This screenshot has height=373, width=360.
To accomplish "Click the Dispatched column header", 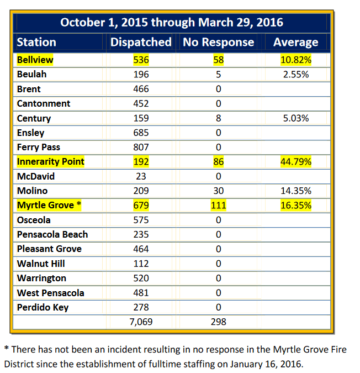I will coord(141,42).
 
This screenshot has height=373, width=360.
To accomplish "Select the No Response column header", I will coord(218,42).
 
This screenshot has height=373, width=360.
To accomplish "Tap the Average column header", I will coord(295,42).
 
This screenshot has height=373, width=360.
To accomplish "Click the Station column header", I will coord(36,42).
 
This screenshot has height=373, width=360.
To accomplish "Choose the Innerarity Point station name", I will coord(51,161).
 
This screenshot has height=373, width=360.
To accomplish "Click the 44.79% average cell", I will coord(295,162).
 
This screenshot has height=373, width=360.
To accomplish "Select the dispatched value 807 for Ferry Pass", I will coord(141,147).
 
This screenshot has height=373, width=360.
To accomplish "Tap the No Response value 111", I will coord(218,206).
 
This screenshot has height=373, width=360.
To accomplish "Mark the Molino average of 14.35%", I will coord(295,191).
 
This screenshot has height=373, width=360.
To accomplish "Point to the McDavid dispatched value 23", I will coord(141,176).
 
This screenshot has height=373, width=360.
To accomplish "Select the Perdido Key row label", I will coord(43,307).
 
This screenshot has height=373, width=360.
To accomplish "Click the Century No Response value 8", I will coord(218,118).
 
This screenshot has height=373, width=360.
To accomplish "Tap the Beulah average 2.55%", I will coord(295,74).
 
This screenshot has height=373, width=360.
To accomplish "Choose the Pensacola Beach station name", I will coord(52,234).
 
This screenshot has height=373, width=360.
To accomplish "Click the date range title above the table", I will coord(172,22).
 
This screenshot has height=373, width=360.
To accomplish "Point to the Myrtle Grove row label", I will coord(49,206).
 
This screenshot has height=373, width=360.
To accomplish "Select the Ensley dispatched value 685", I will coord(141,133).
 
